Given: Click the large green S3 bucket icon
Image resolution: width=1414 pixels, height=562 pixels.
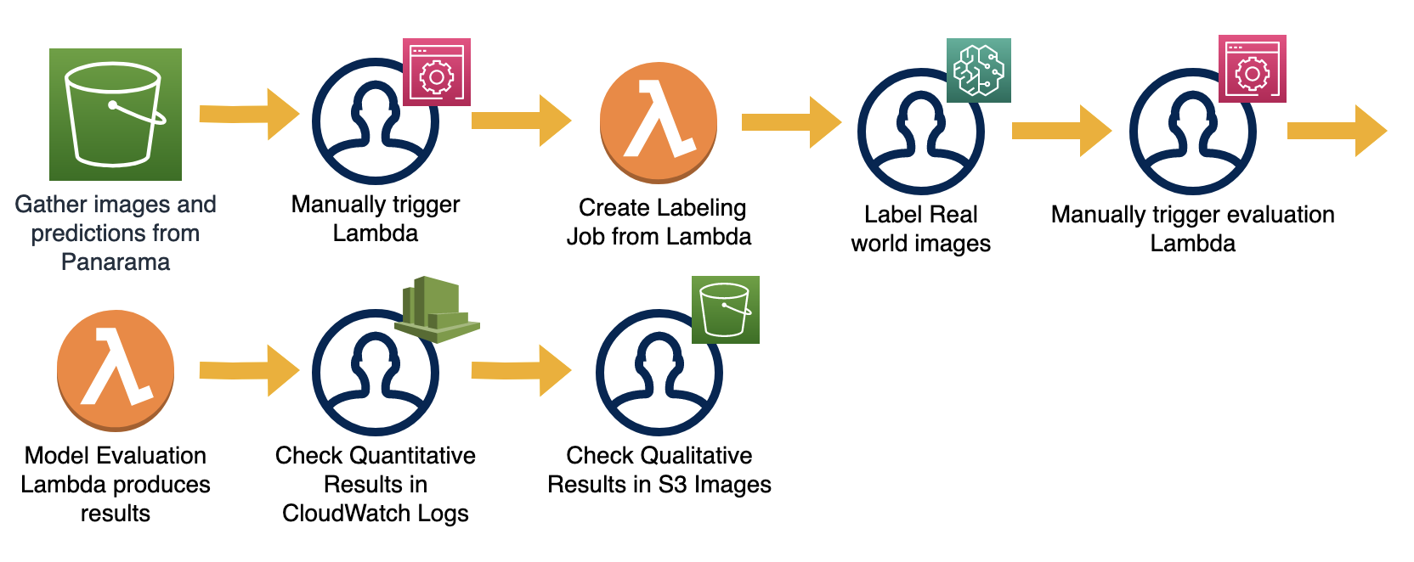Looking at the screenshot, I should [116, 115].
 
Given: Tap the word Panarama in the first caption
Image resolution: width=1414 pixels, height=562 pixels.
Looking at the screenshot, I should [116, 262].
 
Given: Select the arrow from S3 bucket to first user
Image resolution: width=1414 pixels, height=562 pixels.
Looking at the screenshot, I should [249, 114].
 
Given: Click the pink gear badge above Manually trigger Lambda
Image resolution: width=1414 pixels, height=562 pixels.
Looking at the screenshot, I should [436, 72].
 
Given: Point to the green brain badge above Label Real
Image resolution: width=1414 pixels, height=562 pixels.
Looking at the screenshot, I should [978, 70].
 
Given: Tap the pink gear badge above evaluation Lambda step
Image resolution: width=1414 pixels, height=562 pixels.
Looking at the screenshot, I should [1252, 69].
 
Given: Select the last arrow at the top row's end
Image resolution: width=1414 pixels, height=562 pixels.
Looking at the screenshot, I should [1337, 131].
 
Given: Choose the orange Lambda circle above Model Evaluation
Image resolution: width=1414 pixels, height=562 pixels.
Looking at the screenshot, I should [116, 370].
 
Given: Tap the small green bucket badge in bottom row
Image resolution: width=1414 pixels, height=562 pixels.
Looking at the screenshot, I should [725, 310].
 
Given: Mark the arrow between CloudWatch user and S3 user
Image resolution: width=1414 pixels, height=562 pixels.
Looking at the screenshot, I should [521, 370].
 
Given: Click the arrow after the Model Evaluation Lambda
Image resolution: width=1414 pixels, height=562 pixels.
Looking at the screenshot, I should [249, 370].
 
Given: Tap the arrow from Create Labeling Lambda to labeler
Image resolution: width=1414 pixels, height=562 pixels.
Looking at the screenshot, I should [791, 122].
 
